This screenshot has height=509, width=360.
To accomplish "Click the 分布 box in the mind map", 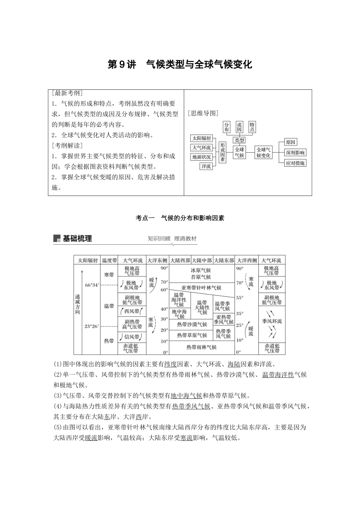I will (x=227, y=127).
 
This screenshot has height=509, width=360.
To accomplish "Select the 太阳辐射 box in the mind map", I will (x=201, y=138).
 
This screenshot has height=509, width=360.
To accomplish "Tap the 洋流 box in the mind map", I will (x=206, y=166).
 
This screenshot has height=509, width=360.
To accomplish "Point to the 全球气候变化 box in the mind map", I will (x=263, y=152).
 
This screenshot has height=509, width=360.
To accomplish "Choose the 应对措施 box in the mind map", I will (x=296, y=163).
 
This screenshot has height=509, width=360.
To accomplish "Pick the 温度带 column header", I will (x=109, y=260).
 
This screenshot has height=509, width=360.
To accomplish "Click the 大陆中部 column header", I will (x=202, y=260).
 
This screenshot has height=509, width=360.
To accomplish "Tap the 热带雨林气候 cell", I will (x=201, y=347).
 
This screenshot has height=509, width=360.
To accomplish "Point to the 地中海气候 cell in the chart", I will (x=179, y=314).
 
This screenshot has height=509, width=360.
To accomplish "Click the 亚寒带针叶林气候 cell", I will (x=201, y=288).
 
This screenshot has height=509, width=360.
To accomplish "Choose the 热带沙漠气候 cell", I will (x=192, y=325).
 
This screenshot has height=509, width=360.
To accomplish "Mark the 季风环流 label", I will (x=272, y=321).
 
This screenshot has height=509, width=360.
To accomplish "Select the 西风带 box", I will (x=132, y=311).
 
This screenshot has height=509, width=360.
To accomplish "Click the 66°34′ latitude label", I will (x=92, y=285).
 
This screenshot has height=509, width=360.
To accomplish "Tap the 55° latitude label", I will (x=239, y=298).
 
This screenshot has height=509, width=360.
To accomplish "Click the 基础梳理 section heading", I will (x=77, y=239).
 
